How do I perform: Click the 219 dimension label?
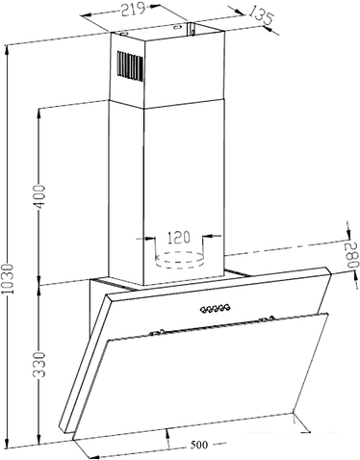(x=133, y=10)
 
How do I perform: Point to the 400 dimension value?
(x=40, y=196)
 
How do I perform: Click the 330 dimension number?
(x=40, y=365)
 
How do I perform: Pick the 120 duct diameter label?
(x=179, y=238)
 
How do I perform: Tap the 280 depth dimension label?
(x=351, y=255)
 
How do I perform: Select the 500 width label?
(x=199, y=445)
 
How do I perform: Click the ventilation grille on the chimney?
(x=130, y=64)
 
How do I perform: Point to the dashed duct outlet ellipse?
(x=179, y=260)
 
